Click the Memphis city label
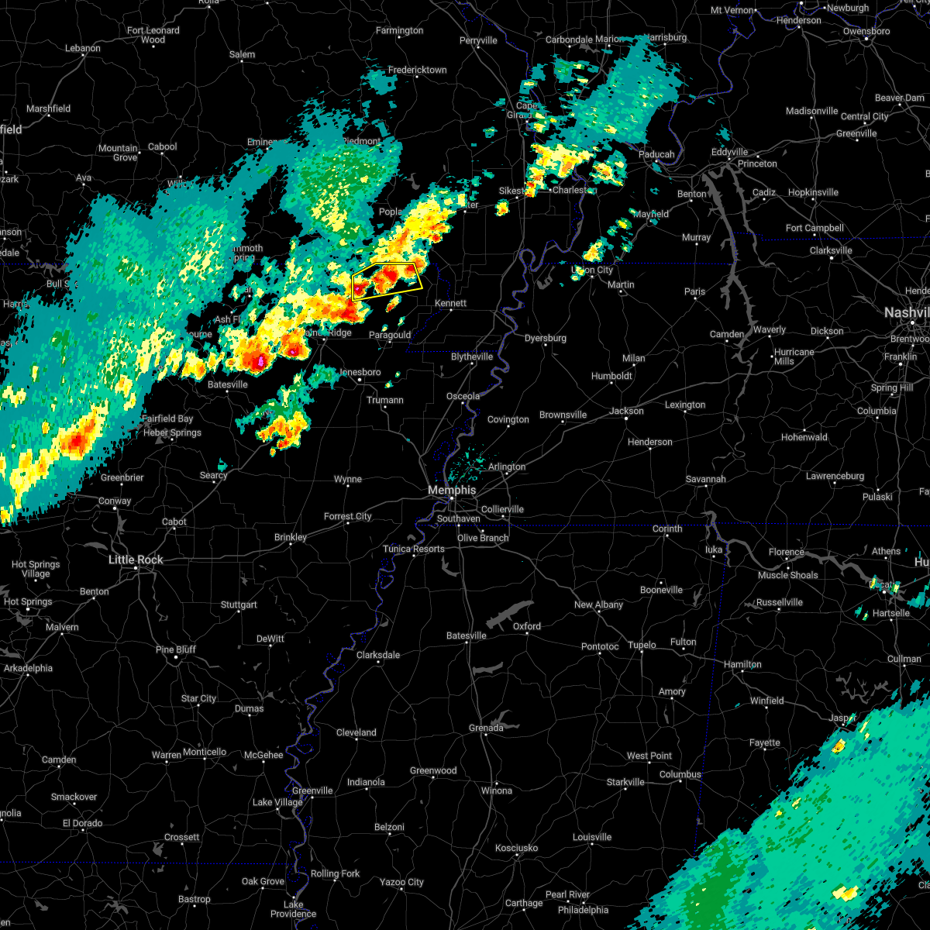click(x=452, y=490)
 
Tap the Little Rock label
click(x=136, y=560)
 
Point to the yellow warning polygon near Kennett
click(x=387, y=281)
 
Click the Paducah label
click(x=656, y=154)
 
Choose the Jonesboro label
click(x=360, y=372)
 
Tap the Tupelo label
click(x=642, y=645)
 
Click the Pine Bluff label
click(x=176, y=649)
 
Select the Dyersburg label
click(x=545, y=338)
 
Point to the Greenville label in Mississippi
click(x=312, y=790)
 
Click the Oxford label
click(x=527, y=626)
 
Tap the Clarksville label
click(x=831, y=250)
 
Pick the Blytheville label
click(x=472, y=356)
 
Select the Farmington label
click(x=399, y=30)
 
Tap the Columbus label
click(x=680, y=774)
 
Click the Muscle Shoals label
click(x=787, y=575)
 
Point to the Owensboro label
click(x=867, y=31)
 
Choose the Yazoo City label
click(x=401, y=882)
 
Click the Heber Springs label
click(x=172, y=432)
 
